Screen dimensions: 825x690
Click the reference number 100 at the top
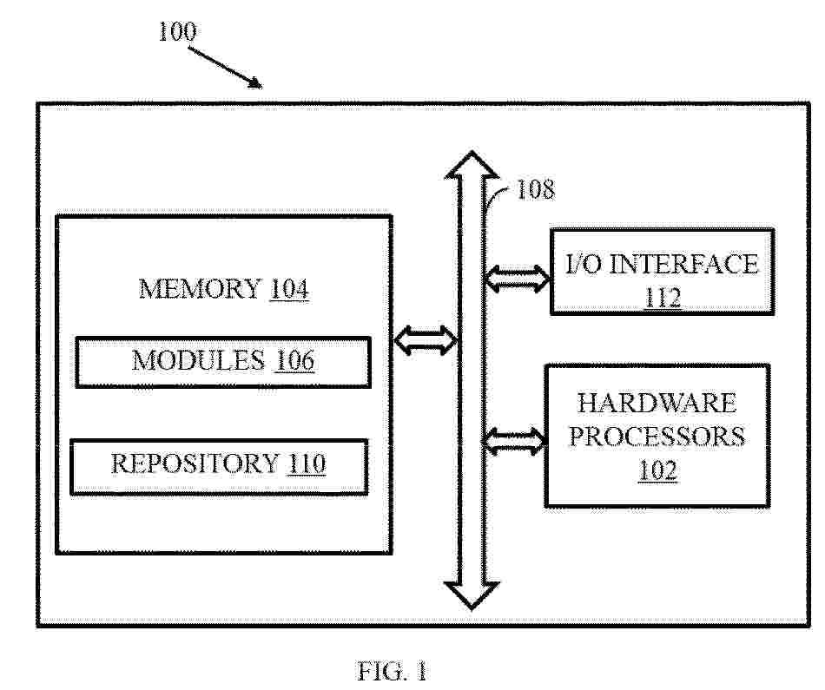pos(177,31)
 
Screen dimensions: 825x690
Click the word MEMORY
pos(200,289)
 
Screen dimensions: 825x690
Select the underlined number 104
pos(289,289)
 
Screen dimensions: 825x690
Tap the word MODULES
pos(198,361)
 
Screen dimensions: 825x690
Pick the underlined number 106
pos(294,361)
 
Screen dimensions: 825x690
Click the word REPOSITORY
pos(195,463)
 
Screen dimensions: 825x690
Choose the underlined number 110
pos(307,463)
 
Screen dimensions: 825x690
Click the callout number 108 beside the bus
pos(536,189)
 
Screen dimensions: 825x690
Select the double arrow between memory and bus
pos(426,340)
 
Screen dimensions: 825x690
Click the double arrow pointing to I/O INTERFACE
pos(518,279)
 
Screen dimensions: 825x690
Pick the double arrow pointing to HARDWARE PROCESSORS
pos(514,441)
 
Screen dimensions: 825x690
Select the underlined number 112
pos(663,298)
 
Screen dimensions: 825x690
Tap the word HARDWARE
pos(657,404)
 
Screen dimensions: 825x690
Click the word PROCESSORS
pos(657,437)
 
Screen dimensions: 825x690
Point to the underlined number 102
pos(657,470)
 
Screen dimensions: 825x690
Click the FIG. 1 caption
pos(392,671)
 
